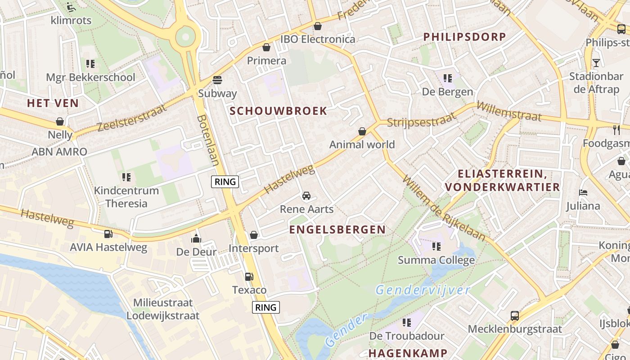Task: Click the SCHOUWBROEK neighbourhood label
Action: click(x=279, y=111)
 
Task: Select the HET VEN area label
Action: click(x=53, y=103)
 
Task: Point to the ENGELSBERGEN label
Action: click(x=337, y=229)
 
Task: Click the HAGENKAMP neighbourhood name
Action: click(x=408, y=353)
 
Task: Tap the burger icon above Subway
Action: click(x=217, y=80)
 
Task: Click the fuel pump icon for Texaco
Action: click(x=249, y=277)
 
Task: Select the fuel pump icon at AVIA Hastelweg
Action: click(x=108, y=234)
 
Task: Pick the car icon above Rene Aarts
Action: click(x=306, y=196)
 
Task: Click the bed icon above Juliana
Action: click(x=584, y=193)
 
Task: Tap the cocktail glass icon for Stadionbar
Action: click(x=596, y=63)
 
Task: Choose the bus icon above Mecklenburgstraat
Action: click(x=515, y=315)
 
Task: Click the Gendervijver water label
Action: click(x=423, y=290)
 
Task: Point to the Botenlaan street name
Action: click(x=208, y=140)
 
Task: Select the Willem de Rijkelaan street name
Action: click(x=444, y=208)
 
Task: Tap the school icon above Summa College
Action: click(x=436, y=247)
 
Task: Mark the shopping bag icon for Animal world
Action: click(x=362, y=131)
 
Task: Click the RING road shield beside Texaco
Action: click(x=265, y=307)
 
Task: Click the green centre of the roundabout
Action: click(x=185, y=36)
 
